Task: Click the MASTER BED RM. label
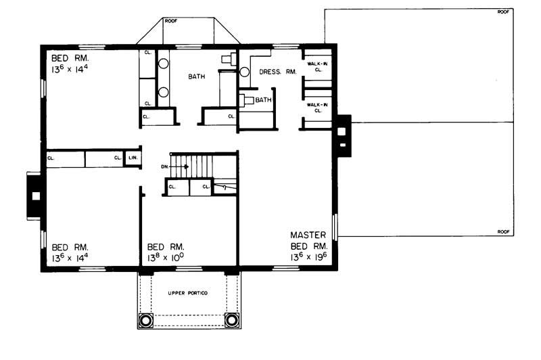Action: (309, 240)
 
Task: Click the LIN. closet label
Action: (133, 158)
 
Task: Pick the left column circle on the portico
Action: (146, 319)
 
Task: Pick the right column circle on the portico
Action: (231, 319)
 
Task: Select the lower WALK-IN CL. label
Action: (318, 108)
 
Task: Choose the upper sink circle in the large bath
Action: (164, 66)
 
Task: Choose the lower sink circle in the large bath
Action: (164, 92)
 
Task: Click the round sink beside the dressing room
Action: (245, 71)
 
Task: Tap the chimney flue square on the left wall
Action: (37, 196)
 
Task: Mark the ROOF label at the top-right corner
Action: (503, 12)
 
